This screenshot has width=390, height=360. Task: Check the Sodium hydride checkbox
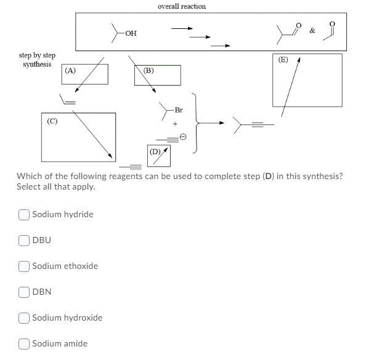tap(24, 214)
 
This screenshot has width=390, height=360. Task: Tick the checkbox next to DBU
tap(24, 240)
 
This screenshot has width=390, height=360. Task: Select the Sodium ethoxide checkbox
tap(24, 266)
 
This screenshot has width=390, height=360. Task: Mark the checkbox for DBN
tap(24, 292)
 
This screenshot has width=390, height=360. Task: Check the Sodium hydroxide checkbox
tap(24, 318)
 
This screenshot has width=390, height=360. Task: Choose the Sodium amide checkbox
tap(24, 343)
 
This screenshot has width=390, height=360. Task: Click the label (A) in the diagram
tap(70, 70)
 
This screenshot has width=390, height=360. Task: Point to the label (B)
tap(148, 70)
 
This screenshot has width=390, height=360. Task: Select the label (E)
tap(283, 60)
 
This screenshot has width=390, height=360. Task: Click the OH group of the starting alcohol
tap(131, 34)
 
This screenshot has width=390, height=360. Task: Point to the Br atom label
tap(179, 111)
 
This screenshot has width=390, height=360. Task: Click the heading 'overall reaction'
tap(182, 6)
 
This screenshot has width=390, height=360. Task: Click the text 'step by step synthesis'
tap(37, 60)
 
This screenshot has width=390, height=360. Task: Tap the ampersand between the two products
tap(313, 30)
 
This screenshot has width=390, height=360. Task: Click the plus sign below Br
tap(175, 123)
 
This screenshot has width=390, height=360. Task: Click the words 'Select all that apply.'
tap(57, 186)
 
